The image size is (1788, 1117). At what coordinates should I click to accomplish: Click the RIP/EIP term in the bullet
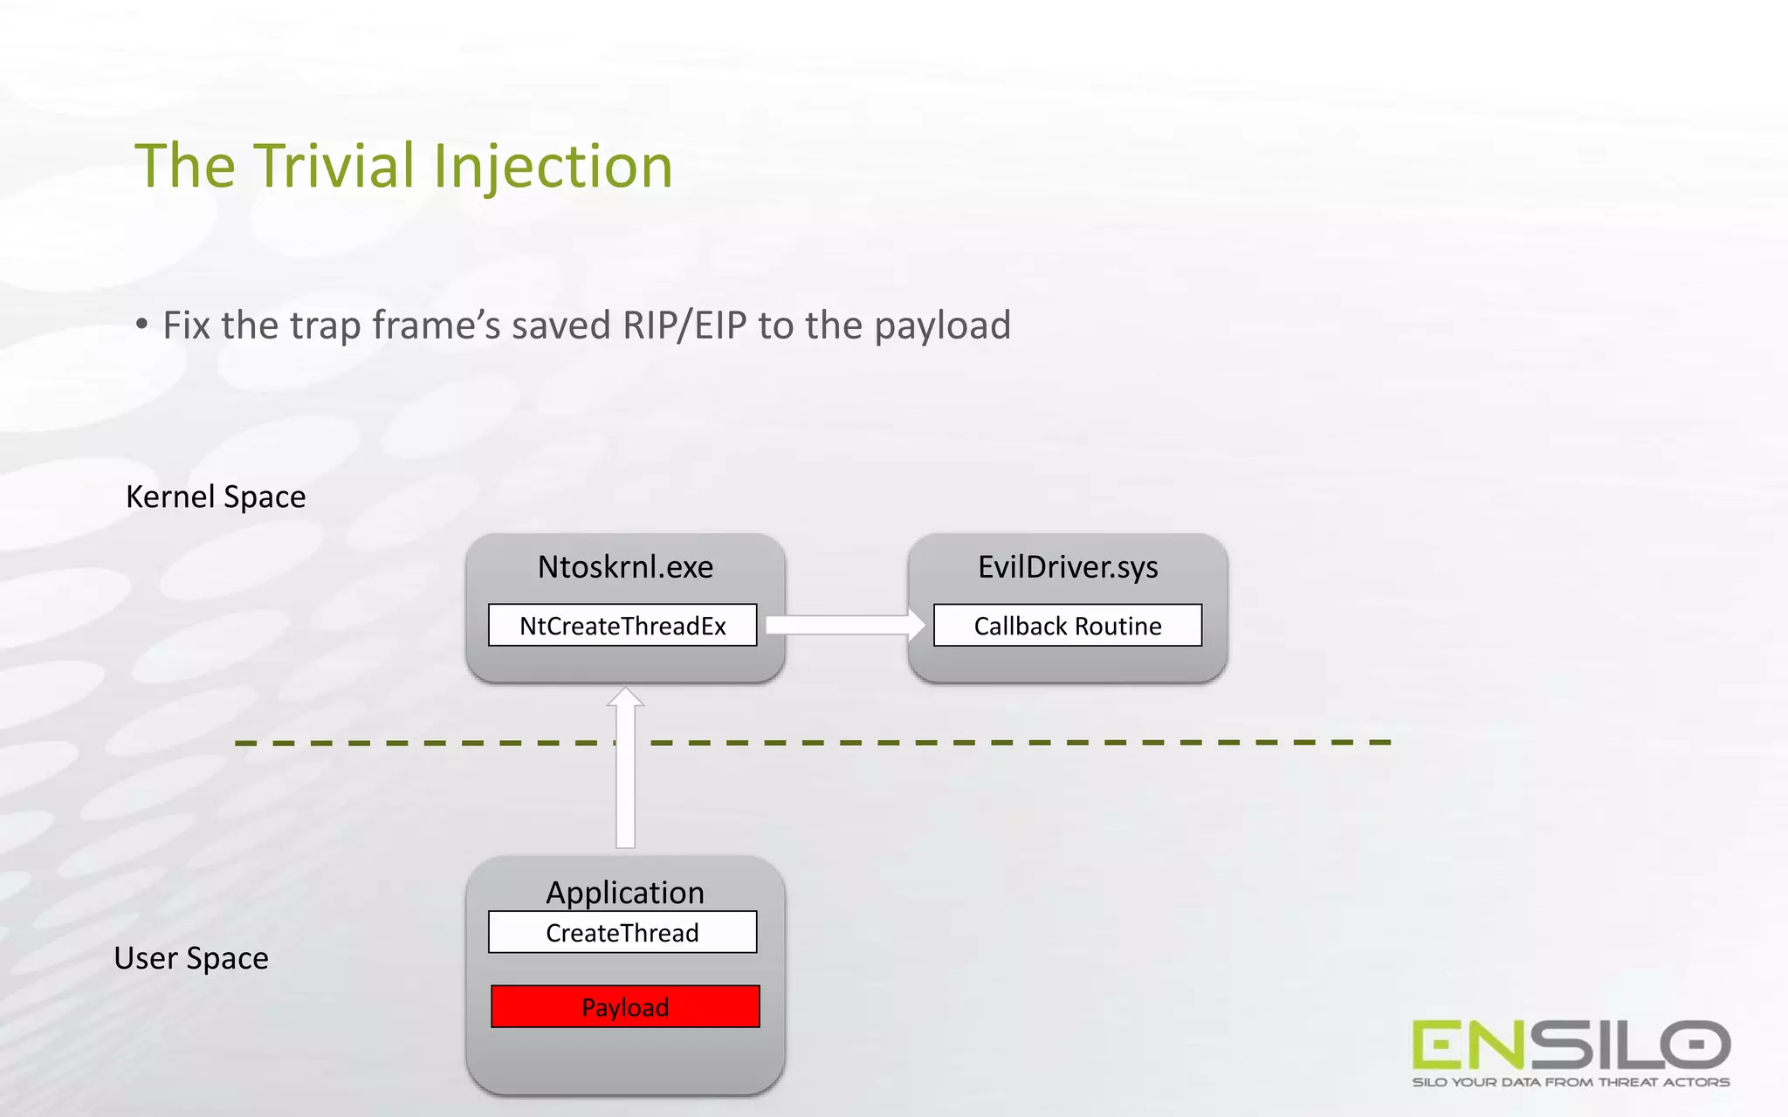pyautogui.click(x=684, y=326)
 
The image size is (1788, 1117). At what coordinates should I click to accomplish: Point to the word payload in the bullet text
pyautogui.click(x=942, y=326)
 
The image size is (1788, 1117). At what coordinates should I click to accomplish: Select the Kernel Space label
pyautogui.click(x=216, y=497)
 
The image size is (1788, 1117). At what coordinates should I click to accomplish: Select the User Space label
pyautogui.click(x=191, y=958)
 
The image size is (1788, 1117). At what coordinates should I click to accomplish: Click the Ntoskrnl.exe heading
pyautogui.click(x=625, y=567)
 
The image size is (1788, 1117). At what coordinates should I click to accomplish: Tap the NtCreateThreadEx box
pyautogui.click(x=622, y=626)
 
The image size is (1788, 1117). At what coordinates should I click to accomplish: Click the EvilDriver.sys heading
pyautogui.click(x=1068, y=567)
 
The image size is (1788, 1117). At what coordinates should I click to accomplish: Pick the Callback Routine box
pyautogui.click(x=1068, y=626)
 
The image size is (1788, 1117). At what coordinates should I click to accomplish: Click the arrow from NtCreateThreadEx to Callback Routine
pyautogui.click(x=843, y=625)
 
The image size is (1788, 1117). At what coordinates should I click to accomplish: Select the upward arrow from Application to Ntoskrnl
pyautogui.click(x=625, y=768)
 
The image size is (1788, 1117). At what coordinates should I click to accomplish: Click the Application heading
pyautogui.click(x=625, y=892)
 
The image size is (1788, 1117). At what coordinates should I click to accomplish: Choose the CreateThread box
pyautogui.click(x=622, y=933)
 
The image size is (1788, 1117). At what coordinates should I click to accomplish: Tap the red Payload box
pyautogui.click(x=625, y=1007)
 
